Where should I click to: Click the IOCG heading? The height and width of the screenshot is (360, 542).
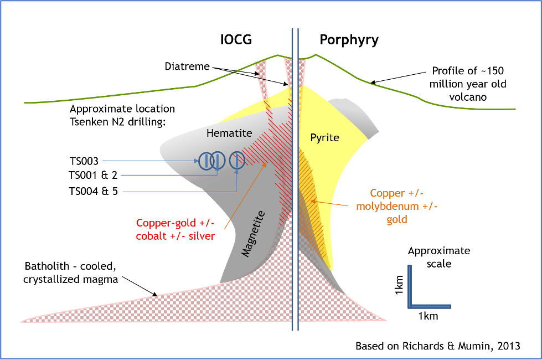point(236,40)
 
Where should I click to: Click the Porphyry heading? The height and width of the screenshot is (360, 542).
point(349,40)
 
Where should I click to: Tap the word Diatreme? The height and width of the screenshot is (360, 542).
point(187,66)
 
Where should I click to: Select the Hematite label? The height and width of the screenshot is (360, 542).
point(229,133)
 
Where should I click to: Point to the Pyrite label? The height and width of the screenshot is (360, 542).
point(324,138)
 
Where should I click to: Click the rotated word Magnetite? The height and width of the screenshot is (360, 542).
point(254,233)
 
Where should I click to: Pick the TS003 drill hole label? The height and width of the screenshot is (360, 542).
point(84,161)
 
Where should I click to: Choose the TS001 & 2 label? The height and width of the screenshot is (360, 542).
point(94,176)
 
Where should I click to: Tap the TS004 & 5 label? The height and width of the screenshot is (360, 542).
point(94,191)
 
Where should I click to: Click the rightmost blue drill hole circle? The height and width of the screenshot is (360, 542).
point(237,161)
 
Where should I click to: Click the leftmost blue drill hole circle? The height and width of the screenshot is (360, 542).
point(207,161)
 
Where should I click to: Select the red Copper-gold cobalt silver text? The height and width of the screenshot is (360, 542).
point(175,229)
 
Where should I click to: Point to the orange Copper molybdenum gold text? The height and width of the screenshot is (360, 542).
point(397,206)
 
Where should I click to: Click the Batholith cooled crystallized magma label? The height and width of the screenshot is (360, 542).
point(70,272)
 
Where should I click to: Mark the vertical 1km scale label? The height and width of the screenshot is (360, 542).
point(399,285)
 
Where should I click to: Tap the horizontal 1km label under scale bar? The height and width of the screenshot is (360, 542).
point(429,316)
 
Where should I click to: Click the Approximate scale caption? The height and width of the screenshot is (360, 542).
point(439,258)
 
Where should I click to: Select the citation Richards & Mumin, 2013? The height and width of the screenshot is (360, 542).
point(438,346)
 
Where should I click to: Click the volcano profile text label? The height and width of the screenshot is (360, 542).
point(468,84)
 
